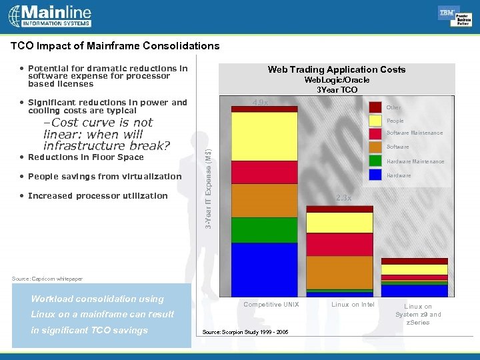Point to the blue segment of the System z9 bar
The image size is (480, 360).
(415, 291)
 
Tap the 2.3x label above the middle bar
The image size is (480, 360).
(345, 198)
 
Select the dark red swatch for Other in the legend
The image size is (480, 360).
(375, 107)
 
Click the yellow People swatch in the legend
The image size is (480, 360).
(375, 121)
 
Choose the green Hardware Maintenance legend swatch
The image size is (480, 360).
(375, 161)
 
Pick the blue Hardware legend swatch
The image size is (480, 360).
(375, 175)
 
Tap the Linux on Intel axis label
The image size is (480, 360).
(353, 305)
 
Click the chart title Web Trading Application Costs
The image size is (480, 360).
(336, 69)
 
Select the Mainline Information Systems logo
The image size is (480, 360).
(51, 15)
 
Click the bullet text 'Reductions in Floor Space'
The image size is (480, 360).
(85, 157)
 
